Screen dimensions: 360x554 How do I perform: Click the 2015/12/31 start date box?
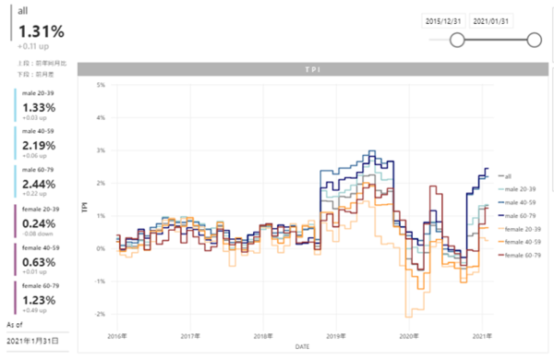click(x=444, y=19)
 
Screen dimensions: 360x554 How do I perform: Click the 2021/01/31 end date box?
click(x=492, y=19)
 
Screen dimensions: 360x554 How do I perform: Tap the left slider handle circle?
click(x=456, y=39)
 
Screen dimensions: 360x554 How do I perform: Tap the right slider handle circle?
click(x=533, y=39)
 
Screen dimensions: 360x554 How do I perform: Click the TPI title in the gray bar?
click(x=316, y=69)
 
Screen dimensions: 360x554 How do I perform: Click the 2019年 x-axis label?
click(x=335, y=337)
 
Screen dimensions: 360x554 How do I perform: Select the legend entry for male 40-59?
click(x=520, y=201)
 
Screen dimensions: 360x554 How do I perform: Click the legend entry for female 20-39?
click(x=522, y=227)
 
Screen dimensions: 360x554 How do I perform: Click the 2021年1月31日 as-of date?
click(x=32, y=341)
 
